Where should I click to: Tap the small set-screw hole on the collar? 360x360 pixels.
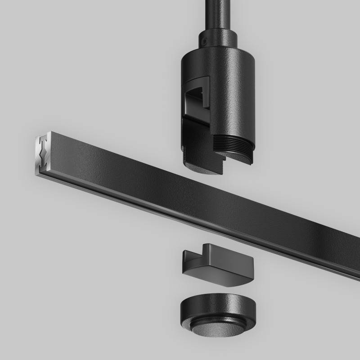pos(204,41)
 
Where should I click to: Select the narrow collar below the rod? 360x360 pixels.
pos(218,40)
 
